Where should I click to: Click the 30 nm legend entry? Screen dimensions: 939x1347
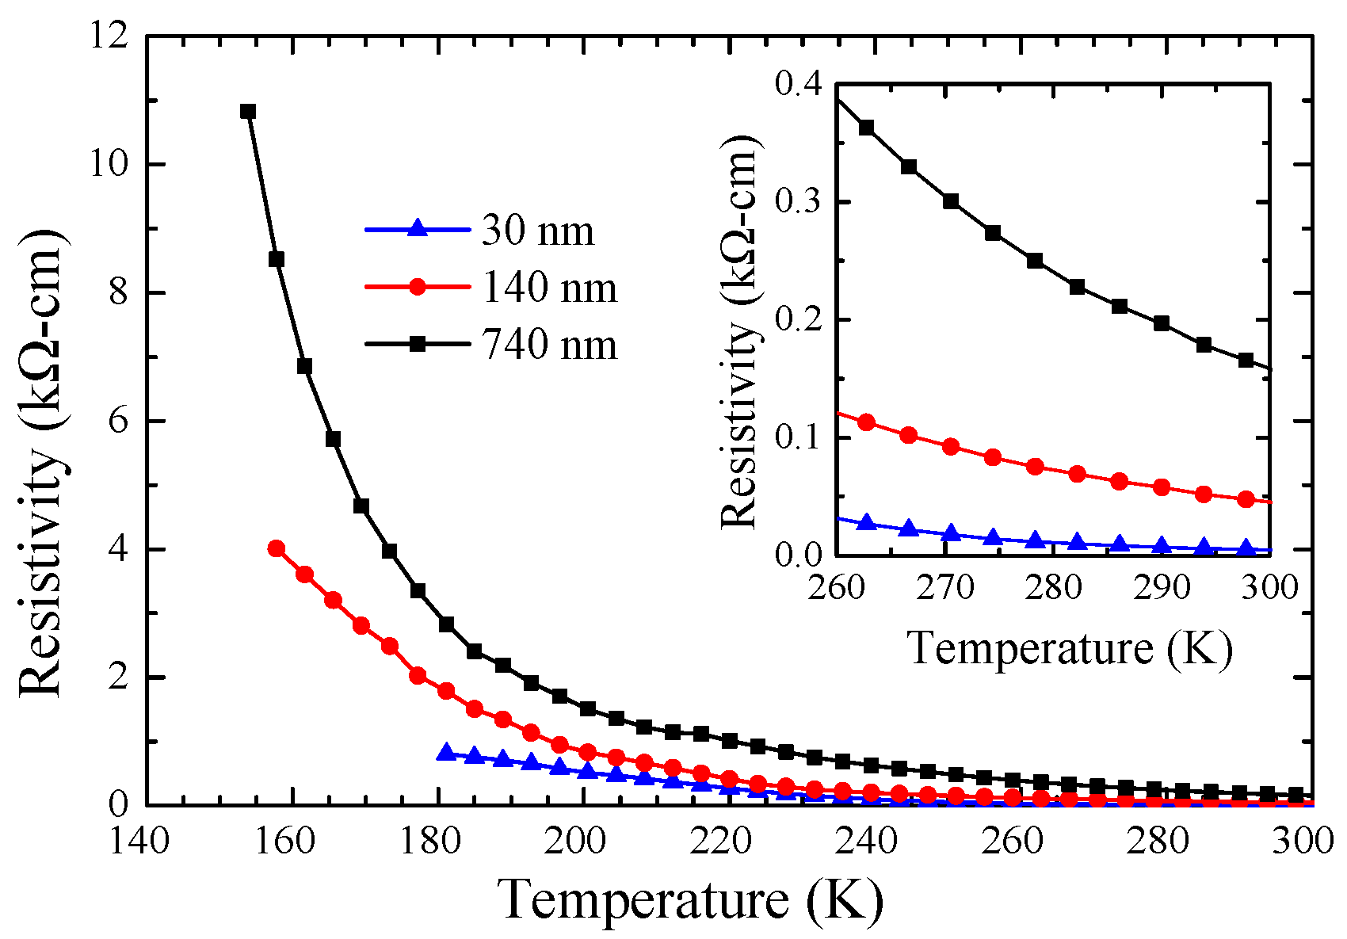(537, 231)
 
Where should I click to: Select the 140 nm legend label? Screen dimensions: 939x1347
(549, 288)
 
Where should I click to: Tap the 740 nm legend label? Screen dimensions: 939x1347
(549, 345)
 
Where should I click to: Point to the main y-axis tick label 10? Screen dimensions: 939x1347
(109, 165)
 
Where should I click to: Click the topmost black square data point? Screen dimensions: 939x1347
(248, 111)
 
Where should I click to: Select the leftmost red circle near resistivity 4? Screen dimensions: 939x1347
(276, 548)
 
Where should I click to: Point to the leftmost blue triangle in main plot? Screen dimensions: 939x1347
(446, 752)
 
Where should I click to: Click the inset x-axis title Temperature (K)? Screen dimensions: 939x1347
(1070, 648)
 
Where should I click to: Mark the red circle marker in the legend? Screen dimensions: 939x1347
(418, 288)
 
